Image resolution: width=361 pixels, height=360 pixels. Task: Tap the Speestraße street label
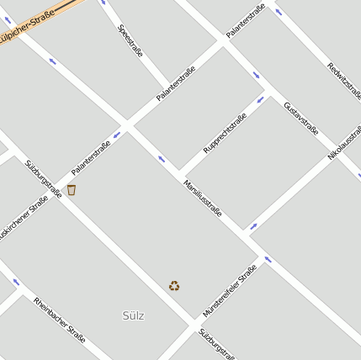tap(130, 40)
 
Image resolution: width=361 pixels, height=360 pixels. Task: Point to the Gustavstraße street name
tap(300, 118)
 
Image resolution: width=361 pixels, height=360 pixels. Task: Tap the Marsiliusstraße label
tap(202, 198)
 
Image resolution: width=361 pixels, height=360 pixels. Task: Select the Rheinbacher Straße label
tap(60, 320)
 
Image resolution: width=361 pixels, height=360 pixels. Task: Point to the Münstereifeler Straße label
tap(229, 291)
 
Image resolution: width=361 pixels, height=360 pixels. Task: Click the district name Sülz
tap(133, 315)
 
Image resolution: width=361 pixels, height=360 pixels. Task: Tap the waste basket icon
tap(72, 190)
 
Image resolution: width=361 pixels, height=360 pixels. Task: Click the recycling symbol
tap(173, 286)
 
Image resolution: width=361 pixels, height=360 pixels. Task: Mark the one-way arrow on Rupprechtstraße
tap(260, 99)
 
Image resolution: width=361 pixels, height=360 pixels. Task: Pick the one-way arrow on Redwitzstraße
tap(279, 12)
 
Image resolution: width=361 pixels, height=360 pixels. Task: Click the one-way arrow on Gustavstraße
tap(256, 75)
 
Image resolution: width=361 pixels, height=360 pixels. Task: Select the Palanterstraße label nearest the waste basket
tap(91, 157)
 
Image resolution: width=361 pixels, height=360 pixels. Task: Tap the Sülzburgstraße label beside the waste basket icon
tap(43, 178)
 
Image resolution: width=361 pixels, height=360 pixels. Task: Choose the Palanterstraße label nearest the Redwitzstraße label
tap(245, 21)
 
